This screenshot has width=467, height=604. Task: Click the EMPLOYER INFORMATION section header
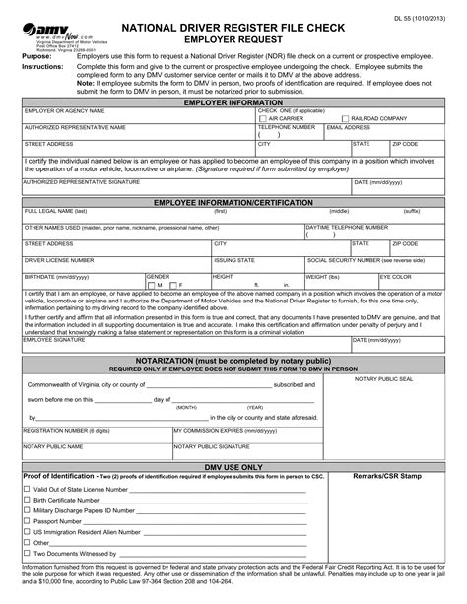click(233, 101)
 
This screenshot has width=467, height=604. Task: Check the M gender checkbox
click(151, 284)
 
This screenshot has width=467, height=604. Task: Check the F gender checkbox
click(174, 284)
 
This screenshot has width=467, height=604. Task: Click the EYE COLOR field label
click(398, 277)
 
